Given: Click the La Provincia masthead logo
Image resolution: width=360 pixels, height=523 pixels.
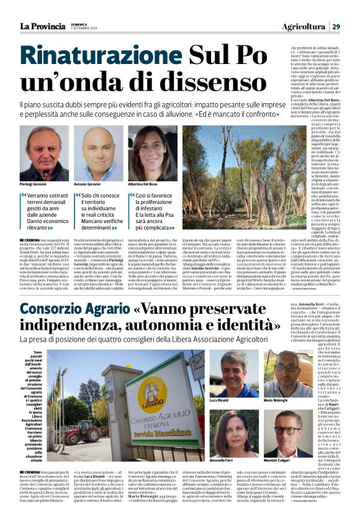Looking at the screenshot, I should [x=42, y=25].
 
